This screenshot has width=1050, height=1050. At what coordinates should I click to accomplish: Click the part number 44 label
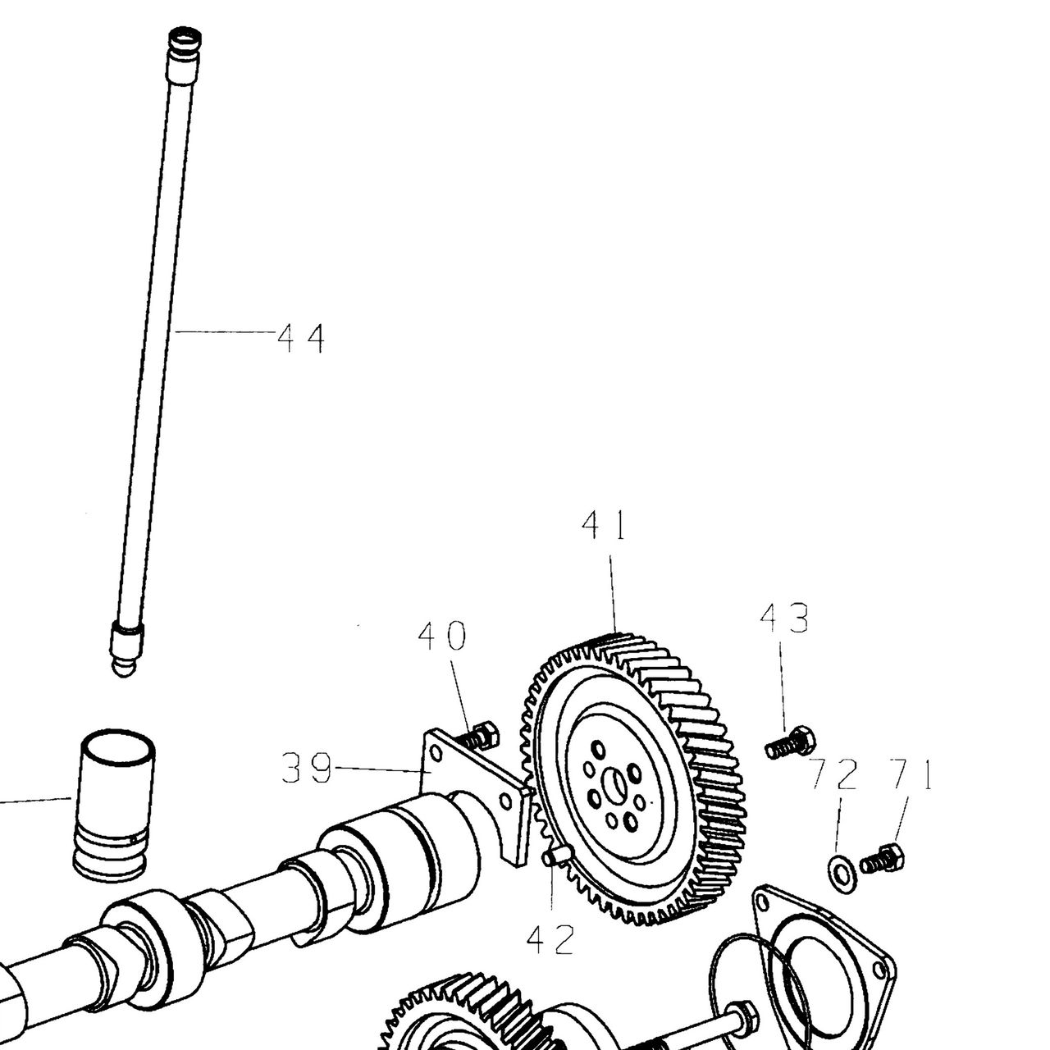click(301, 338)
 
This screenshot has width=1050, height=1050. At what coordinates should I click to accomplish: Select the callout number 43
click(784, 619)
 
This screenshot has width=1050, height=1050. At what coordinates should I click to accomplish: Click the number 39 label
click(307, 769)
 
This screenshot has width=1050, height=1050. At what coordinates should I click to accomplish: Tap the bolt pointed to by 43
click(791, 742)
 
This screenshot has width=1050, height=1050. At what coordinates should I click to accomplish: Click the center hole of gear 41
click(616, 787)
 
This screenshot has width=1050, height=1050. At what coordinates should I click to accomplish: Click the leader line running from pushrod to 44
click(222, 331)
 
